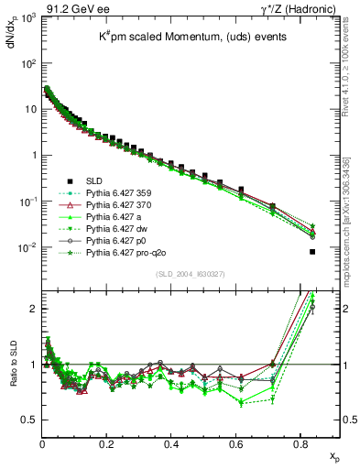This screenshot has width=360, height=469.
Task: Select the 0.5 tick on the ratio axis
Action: pos(27,420)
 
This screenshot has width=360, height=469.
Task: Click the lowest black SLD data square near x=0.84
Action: pos(312,252)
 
